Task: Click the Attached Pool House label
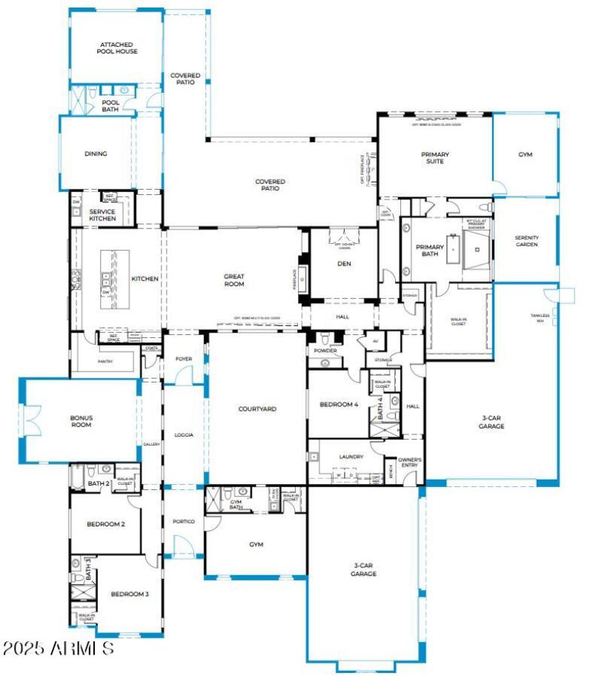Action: coord(118,48)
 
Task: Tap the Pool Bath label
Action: coord(110,106)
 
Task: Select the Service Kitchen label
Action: coord(102,215)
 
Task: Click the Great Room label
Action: coord(234,279)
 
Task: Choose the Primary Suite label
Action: coord(435,158)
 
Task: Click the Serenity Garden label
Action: coord(526,241)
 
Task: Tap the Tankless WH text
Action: coord(560,317)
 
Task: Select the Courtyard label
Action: coord(257,408)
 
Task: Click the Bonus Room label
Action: coord(81,422)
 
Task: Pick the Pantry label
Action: coord(105,362)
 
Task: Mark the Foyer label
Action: coord(184,359)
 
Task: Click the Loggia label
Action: coord(183,435)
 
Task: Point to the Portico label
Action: coord(184,522)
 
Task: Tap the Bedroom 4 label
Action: coord(339,405)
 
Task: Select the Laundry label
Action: coord(351,457)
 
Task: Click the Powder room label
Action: coord(325,349)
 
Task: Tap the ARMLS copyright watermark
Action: coord(58,649)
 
